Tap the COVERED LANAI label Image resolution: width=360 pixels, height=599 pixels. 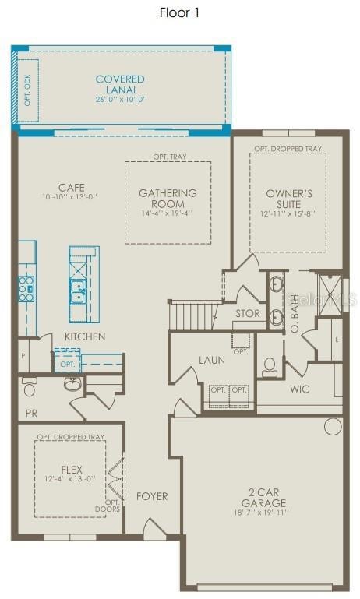point(120,84)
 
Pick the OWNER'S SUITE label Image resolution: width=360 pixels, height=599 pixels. point(289,199)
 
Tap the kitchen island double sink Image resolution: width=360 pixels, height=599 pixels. point(79,292)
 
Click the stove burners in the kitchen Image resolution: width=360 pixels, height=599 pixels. point(26,287)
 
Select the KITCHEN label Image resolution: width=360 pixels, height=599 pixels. point(85,336)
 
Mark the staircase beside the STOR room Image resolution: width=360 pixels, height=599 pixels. point(192,316)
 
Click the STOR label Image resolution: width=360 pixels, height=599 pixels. point(248,314)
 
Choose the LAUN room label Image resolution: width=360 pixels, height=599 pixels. point(212,360)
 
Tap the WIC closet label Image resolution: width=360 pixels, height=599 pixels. point(301,388)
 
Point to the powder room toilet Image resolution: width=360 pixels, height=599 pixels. point(30,386)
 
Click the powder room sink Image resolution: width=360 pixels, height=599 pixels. point(72,384)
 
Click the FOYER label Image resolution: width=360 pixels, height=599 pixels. point(152,496)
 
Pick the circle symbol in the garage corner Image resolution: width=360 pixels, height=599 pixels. point(333,426)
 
